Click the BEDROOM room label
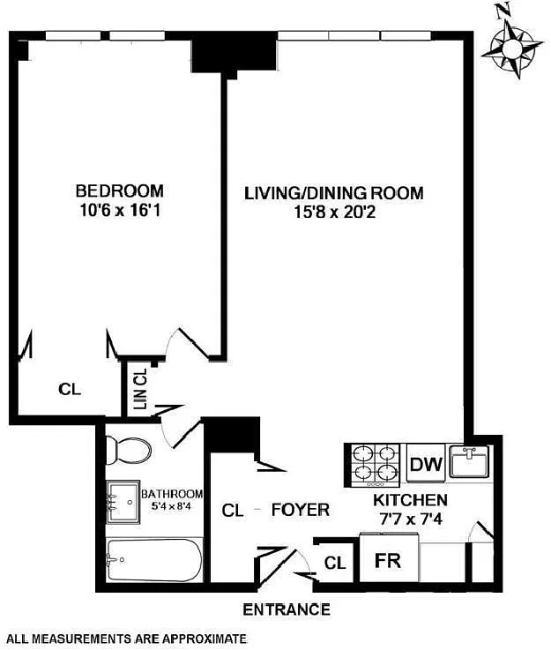[120, 191]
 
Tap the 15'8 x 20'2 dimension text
[335, 213]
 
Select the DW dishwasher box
[426, 463]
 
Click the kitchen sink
[469, 462]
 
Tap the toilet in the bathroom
[129, 451]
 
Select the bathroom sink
[123, 502]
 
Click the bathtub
[154, 560]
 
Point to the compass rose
[512, 48]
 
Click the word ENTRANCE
[287, 609]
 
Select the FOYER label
[301, 510]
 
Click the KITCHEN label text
[410, 500]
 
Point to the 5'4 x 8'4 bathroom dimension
[172, 506]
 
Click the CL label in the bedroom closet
[70, 390]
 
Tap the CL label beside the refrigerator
[335, 563]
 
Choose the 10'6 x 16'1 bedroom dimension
[120, 211]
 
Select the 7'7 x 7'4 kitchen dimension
[411, 519]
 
